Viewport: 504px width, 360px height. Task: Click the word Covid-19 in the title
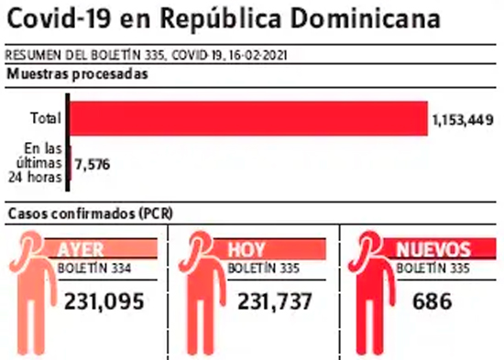pyautogui.click(x=59, y=18)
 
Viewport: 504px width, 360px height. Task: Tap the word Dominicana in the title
pyautogui.click(x=365, y=18)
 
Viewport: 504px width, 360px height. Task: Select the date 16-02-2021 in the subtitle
pyautogui.click(x=258, y=55)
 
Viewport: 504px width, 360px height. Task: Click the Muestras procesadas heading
pyautogui.click(x=78, y=74)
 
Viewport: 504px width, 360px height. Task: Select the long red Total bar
pyautogui.click(x=248, y=118)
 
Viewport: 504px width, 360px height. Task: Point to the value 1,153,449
pyautogui.click(x=463, y=120)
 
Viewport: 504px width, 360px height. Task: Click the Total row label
pyautogui.click(x=46, y=118)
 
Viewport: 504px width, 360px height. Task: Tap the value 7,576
pyautogui.click(x=93, y=164)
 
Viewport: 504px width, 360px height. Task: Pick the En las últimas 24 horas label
pyautogui.click(x=36, y=163)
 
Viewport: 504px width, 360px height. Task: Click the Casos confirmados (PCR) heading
pyautogui.click(x=91, y=213)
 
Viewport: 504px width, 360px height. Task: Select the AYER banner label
pyautogui.click(x=81, y=249)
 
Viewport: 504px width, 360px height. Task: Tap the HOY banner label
pyautogui.click(x=247, y=249)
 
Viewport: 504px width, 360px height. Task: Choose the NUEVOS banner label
pyautogui.click(x=433, y=249)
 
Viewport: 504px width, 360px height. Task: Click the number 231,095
pyautogui.click(x=104, y=301)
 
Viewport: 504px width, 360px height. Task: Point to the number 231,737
pyautogui.click(x=275, y=301)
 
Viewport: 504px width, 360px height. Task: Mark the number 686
pyautogui.click(x=433, y=301)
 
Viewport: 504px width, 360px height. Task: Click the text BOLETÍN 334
pyautogui.click(x=94, y=268)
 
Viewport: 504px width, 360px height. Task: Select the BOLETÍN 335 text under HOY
pyautogui.click(x=264, y=268)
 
